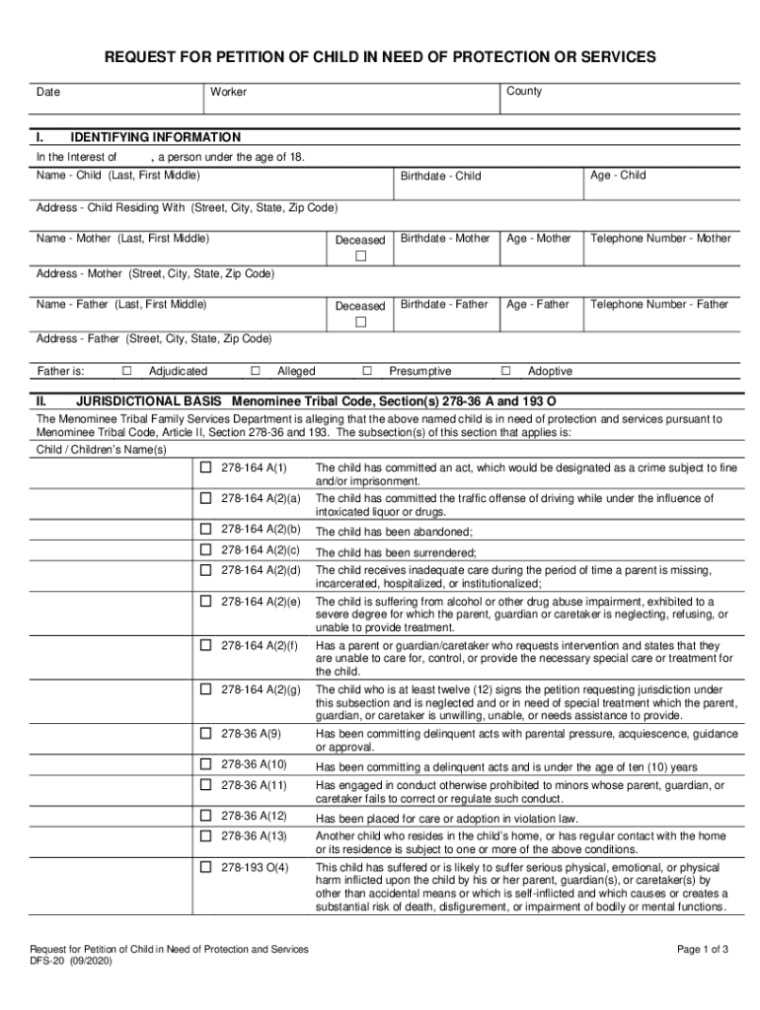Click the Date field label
point(48,92)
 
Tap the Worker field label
point(228,92)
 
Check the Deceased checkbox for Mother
point(360,256)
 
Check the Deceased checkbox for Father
point(360,323)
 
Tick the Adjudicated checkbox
point(126,371)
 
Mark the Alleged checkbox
point(255,371)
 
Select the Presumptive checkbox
point(366,371)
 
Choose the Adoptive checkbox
point(506,371)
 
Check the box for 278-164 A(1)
point(206,467)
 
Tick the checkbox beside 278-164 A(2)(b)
point(206,529)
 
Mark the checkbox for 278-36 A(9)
point(206,733)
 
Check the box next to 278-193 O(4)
point(206,867)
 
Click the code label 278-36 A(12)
point(254,817)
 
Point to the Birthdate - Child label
point(440,177)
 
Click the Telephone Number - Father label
point(658,305)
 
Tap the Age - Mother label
point(538,239)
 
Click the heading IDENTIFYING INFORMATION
point(155,137)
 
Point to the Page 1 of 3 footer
point(703,950)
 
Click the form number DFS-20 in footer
point(47,962)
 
